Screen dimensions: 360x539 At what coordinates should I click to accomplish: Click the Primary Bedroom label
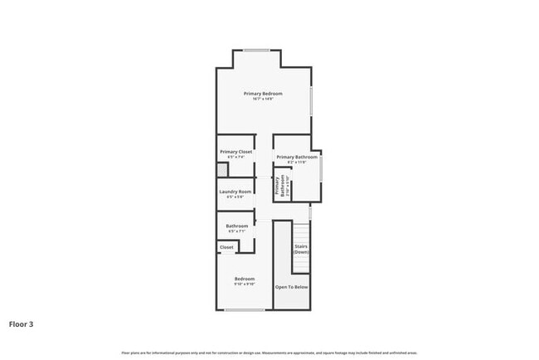click(263, 94)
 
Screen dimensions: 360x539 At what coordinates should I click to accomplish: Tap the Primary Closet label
click(236, 152)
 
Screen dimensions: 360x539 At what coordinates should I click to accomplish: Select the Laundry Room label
click(236, 192)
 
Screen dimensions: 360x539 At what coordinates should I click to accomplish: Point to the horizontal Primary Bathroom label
click(297, 157)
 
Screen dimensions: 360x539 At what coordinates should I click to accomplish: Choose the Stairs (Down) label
click(301, 248)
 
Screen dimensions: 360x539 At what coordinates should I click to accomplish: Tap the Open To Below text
click(292, 287)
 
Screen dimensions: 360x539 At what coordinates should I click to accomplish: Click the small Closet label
click(226, 247)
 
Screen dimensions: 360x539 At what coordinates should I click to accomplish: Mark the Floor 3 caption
click(22, 324)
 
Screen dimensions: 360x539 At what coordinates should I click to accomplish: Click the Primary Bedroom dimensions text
click(263, 100)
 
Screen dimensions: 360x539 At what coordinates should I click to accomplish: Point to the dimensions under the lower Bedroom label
click(244, 284)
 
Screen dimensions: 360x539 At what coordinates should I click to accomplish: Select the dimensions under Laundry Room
click(236, 197)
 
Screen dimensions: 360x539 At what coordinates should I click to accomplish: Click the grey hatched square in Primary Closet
click(222, 170)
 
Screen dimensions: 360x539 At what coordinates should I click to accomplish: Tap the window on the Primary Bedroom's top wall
click(257, 51)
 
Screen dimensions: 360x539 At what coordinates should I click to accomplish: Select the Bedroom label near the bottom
click(244, 278)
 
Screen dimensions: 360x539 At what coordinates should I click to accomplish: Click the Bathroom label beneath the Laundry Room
click(237, 226)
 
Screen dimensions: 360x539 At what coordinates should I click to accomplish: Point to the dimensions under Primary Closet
click(236, 158)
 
